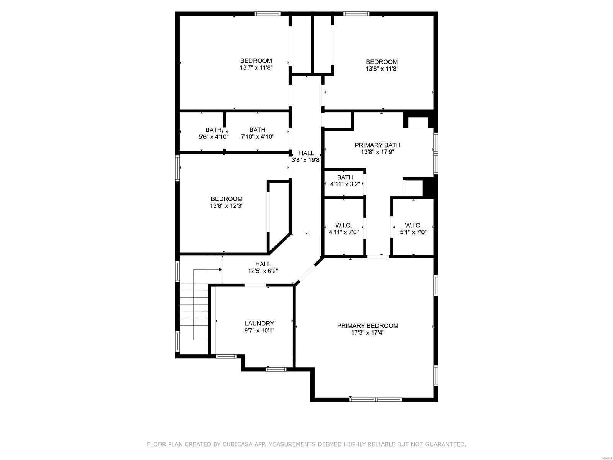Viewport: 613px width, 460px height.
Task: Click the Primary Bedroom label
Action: [x=367, y=326]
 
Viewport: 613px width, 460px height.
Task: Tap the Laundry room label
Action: [x=259, y=324]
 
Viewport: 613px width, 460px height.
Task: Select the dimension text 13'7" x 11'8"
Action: [x=256, y=68]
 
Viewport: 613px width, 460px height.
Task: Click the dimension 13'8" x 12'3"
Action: [x=226, y=206]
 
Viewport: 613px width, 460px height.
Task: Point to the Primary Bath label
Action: [x=377, y=145]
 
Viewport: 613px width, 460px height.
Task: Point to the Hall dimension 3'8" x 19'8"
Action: [x=306, y=160]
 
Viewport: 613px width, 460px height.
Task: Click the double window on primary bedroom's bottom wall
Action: [x=375, y=399]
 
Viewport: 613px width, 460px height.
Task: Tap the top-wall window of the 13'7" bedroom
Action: [x=268, y=14]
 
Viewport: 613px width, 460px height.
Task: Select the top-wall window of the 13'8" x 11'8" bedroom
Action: [x=356, y=14]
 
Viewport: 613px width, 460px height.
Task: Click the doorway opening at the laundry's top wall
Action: [x=255, y=285]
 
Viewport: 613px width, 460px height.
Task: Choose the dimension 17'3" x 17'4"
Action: [x=367, y=333]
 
